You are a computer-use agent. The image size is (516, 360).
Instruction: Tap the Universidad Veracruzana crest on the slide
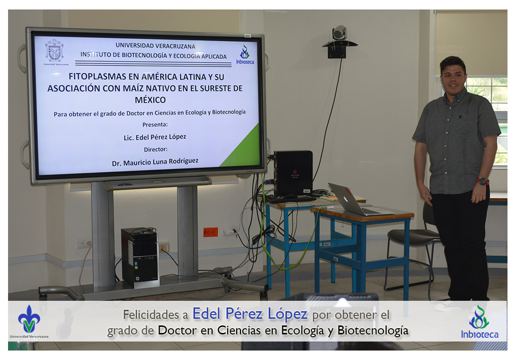(54, 51)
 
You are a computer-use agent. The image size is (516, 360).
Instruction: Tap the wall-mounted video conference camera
(339, 41)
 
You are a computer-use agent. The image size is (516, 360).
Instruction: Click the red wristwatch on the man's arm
(482, 181)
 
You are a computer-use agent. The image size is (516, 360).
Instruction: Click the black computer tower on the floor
(140, 257)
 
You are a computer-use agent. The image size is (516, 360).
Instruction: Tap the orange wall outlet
(210, 232)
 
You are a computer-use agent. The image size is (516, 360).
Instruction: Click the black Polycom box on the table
(293, 173)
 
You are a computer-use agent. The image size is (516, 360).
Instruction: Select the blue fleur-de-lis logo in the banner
(29, 319)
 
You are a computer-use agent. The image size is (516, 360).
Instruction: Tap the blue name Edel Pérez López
(250, 314)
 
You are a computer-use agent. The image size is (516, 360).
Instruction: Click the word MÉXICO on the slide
(150, 99)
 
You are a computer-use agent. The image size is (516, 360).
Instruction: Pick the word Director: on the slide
(156, 149)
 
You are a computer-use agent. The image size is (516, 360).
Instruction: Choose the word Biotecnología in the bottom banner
(373, 330)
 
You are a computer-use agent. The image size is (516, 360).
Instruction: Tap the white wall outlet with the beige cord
(84, 243)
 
